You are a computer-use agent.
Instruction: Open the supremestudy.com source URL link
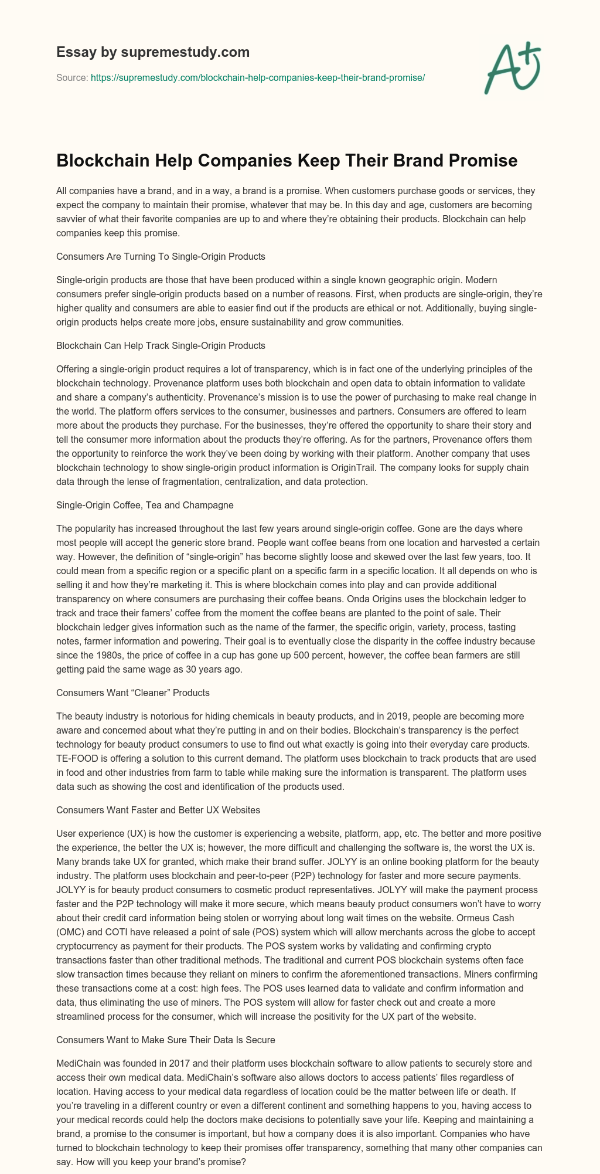click(258, 77)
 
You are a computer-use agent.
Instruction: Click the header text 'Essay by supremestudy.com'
click(153, 52)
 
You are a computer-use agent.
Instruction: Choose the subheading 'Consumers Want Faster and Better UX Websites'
click(158, 810)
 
